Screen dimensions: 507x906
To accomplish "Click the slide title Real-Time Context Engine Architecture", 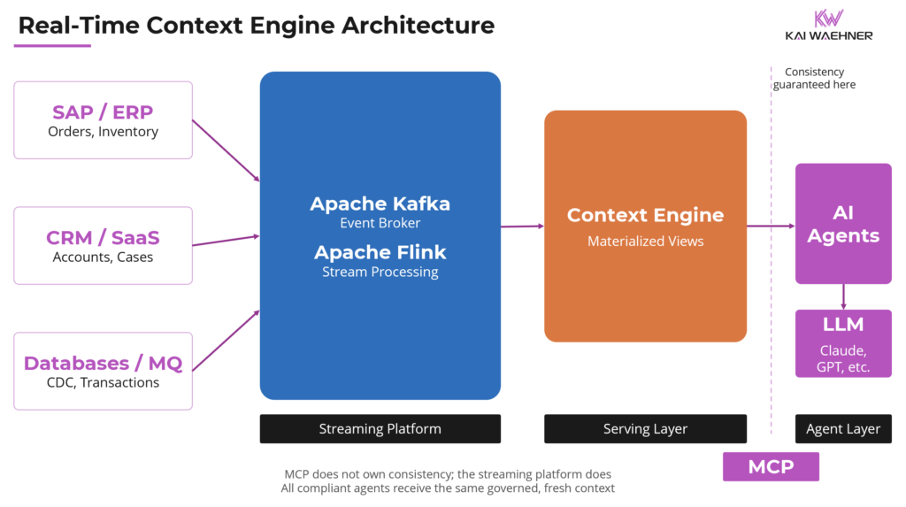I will pos(256,25).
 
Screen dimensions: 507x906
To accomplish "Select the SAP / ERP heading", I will pos(103,112).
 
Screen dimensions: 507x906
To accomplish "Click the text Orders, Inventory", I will pos(103,132).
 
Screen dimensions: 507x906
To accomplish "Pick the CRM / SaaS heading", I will pos(103,238).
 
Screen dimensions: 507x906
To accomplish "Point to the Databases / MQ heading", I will pos(103,363).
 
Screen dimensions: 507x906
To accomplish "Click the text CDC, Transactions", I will pos(103,382).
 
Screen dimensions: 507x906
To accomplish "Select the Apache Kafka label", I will pos(380,204).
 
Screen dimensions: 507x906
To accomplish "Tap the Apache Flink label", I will pos(380,252).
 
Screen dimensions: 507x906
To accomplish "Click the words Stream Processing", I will pos(380,272).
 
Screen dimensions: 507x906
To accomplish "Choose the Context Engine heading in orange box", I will pos(645,215).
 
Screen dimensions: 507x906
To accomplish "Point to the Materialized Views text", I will pos(645,241).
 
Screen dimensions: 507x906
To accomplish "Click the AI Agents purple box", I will pos(843,224).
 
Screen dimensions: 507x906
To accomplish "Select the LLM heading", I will pos(843,325).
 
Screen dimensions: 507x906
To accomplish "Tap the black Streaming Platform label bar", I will pos(380,429).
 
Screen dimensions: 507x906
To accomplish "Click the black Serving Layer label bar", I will pos(645,429).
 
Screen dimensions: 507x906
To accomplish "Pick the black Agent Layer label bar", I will pos(843,429).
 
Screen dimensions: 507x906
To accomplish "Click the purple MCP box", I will pos(771,466).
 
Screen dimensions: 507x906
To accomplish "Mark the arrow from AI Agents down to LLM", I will pos(843,296).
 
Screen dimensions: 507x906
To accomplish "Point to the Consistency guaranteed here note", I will pos(814,78).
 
